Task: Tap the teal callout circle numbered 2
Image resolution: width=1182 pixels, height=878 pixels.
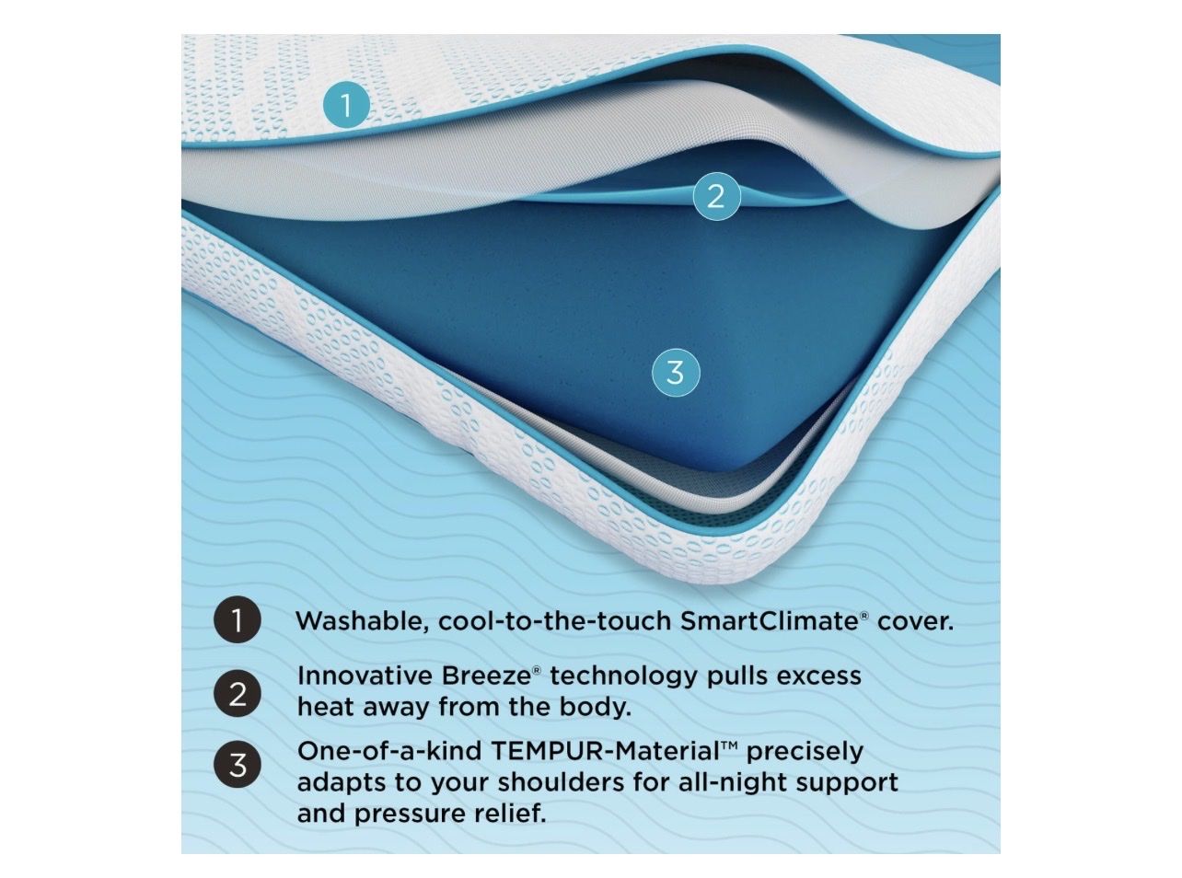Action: click(716, 196)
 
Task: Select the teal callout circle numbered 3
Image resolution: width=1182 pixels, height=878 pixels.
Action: click(675, 373)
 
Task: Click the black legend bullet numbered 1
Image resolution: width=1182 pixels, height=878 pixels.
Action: click(238, 619)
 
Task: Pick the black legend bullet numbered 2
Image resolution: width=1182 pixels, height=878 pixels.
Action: click(238, 694)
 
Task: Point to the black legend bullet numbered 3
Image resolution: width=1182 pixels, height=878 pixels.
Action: click(238, 765)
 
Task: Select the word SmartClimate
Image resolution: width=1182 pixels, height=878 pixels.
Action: click(771, 620)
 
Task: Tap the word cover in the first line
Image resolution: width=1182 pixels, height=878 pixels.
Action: click(915, 622)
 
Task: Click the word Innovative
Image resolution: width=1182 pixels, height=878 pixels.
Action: click(365, 676)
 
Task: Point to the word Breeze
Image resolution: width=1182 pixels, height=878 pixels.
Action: click(486, 676)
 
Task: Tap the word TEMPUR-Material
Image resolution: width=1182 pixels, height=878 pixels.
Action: click(606, 751)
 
